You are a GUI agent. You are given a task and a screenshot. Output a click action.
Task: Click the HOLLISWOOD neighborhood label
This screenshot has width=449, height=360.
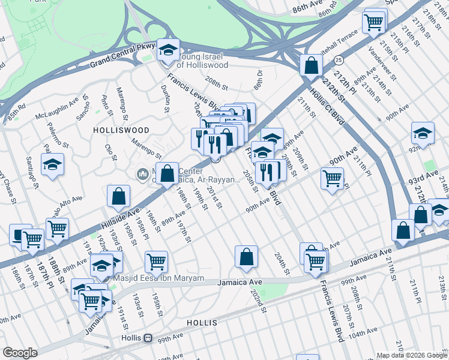116,130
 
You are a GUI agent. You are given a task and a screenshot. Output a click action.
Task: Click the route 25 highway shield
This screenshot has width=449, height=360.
339,60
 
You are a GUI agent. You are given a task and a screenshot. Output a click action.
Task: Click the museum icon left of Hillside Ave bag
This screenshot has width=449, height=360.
142,175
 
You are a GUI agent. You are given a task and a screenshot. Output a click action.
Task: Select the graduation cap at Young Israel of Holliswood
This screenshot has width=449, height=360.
169,50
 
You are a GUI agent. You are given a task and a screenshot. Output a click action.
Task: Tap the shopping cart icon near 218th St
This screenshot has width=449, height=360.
373,23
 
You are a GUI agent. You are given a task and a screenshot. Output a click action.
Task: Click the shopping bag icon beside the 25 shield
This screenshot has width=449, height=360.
312,65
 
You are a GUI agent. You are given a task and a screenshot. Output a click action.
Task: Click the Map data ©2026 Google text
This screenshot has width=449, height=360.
411,355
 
